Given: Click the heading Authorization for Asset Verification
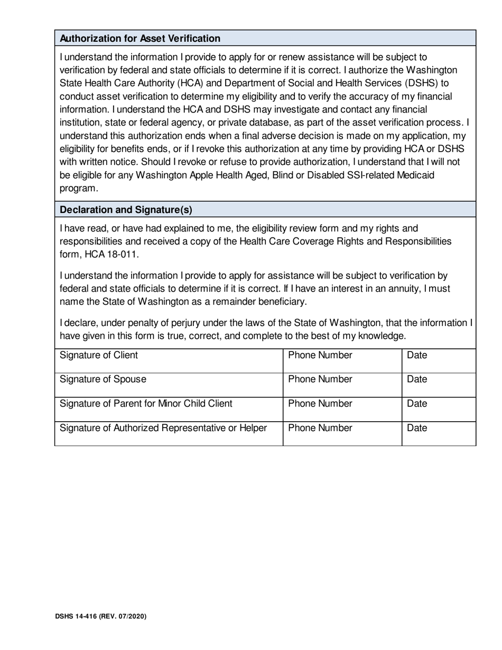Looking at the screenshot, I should (x=140, y=39).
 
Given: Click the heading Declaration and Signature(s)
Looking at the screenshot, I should (x=126, y=210).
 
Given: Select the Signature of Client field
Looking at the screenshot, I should (x=168, y=361).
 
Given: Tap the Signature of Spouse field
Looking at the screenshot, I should (x=168, y=385).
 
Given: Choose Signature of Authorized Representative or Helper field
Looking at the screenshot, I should (x=168, y=434).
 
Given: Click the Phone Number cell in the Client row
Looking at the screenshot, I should (x=342, y=361).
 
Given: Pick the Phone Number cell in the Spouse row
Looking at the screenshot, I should (x=342, y=385).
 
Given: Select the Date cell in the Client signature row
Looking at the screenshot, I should (x=439, y=361).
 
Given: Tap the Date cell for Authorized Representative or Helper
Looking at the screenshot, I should (x=439, y=434).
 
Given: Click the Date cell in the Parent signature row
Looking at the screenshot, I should (x=439, y=410).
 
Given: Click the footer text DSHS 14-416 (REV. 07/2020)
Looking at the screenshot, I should (x=100, y=617).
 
